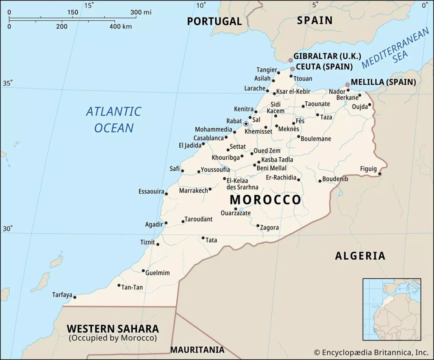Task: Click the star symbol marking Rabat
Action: point(246,124)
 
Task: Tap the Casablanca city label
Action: point(209,138)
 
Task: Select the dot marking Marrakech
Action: point(210,189)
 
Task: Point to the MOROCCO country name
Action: point(265,200)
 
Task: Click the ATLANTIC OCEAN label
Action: point(114,119)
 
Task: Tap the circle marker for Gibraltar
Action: point(290,61)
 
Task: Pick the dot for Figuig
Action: point(380,174)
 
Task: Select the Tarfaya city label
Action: point(62,294)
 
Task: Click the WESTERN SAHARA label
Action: point(113,329)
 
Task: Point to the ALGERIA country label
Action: point(360,256)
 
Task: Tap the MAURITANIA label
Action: point(197,350)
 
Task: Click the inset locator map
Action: point(392,309)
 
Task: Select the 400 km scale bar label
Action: point(121,26)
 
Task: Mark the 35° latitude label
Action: point(8,83)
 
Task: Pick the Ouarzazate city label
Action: point(236,213)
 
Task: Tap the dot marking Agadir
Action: point(166,223)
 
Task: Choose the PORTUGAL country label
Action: point(214,21)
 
